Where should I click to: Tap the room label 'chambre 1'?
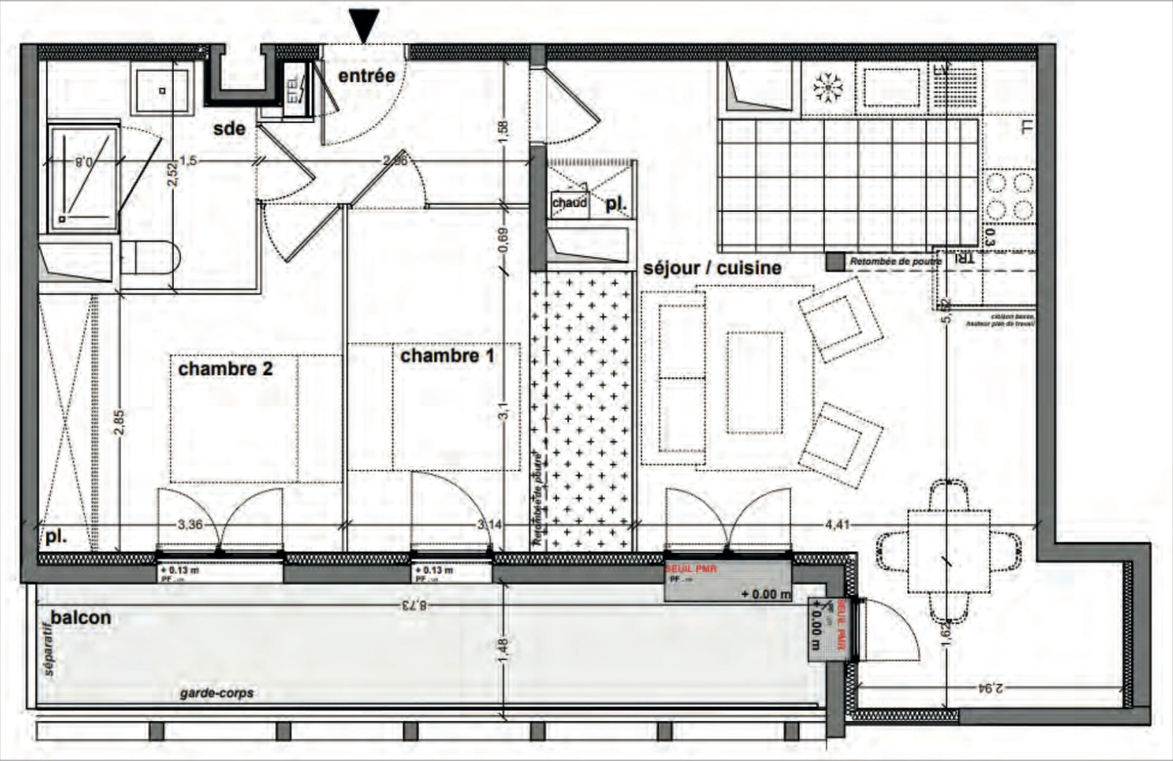447,356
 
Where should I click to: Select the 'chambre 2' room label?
225,369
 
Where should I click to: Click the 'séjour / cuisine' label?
712,268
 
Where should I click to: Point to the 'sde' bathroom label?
230,129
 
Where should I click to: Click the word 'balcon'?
81,618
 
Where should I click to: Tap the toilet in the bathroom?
151,257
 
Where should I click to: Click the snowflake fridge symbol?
828,87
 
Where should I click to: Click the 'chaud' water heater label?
569,203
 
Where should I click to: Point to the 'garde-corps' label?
216,693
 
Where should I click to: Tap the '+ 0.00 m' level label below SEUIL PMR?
767,594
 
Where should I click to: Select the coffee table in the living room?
755,383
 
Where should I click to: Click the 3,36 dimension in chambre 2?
191,524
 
